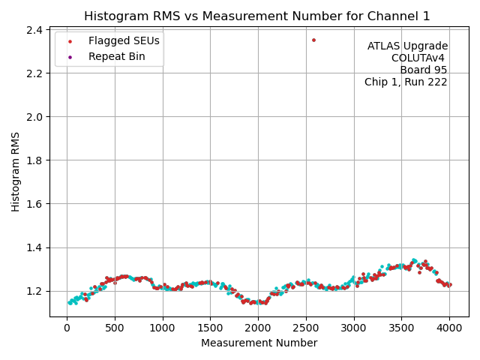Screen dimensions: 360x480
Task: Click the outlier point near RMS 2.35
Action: pyautogui.click(x=313, y=40)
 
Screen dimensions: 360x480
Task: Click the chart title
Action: pyautogui.click(x=257, y=16)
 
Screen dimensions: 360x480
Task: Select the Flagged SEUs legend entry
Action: pyautogui.click(x=124, y=41)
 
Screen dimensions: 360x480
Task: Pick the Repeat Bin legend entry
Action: pyautogui.click(x=116, y=56)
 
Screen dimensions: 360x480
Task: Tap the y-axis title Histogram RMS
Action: pyautogui.click(x=16, y=172)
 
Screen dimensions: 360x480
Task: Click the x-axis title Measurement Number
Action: pyautogui.click(x=259, y=343)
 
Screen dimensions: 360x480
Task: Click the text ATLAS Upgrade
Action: pyautogui.click(x=407, y=46)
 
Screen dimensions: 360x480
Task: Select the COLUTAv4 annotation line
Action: pyautogui.click(x=419, y=58)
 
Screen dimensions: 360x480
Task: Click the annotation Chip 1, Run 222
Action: pyautogui.click(x=406, y=82)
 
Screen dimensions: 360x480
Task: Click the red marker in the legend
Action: pyautogui.click(x=70, y=41)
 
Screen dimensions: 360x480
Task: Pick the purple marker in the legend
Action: pyautogui.click(x=70, y=56)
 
